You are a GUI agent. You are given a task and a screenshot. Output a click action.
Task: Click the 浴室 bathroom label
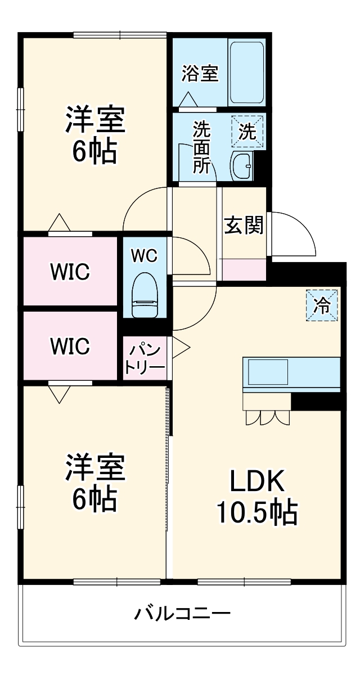tap(200, 74)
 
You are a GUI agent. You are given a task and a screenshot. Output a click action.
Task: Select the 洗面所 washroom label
tap(202, 147)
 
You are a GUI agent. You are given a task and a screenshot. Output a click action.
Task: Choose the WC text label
tap(145, 255)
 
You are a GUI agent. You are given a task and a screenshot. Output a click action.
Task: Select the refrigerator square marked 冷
tap(322, 305)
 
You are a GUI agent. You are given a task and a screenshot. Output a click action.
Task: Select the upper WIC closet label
tap(70, 272)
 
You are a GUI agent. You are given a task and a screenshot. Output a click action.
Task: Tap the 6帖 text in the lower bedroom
tap(94, 497)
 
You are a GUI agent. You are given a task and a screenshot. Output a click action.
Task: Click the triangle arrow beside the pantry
tap(181, 347)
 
